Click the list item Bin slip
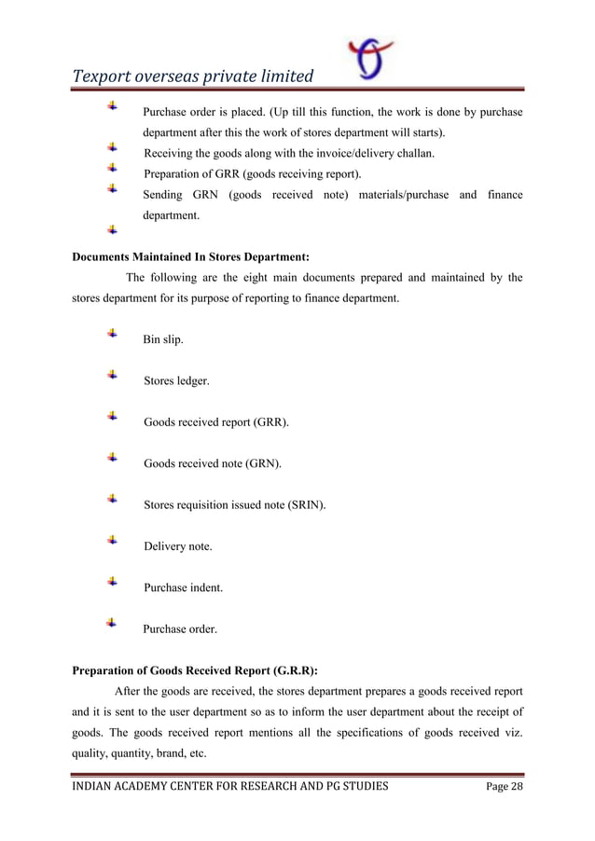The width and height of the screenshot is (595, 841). click(162, 340)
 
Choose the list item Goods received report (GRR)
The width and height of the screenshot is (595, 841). click(215, 422)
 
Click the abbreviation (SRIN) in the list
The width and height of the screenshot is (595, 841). click(305, 505)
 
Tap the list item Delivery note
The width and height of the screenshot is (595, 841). click(177, 546)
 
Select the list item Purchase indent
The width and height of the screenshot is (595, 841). click(183, 588)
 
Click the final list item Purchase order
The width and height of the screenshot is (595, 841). click(180, 629)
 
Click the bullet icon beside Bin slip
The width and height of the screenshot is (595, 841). click(112, 333)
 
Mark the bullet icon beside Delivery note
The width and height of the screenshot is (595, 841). click(112, 540)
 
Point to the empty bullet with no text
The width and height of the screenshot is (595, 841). click(112, 228)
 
